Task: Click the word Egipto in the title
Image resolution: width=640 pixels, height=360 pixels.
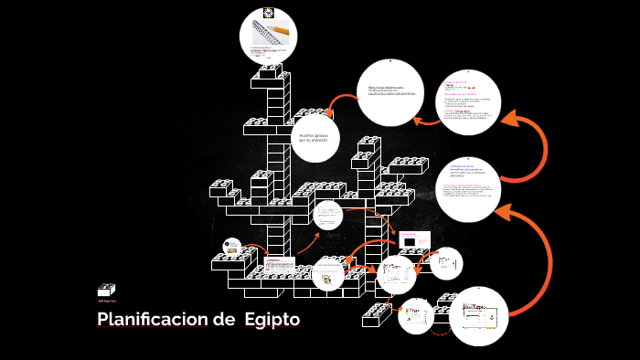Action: tap(272, 321)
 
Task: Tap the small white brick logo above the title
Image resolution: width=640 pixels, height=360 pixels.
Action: tap(106, 290)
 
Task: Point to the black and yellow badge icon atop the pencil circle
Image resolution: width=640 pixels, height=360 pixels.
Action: tap(270, 13)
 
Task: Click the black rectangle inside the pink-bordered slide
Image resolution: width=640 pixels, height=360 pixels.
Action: tap(409, 239)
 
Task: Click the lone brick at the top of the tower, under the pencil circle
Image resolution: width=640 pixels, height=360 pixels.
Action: tap(270, 70)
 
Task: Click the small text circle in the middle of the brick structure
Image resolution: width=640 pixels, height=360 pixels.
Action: tap(326, 217)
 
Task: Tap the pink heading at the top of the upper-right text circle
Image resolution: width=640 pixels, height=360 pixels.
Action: tap(455, 80)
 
